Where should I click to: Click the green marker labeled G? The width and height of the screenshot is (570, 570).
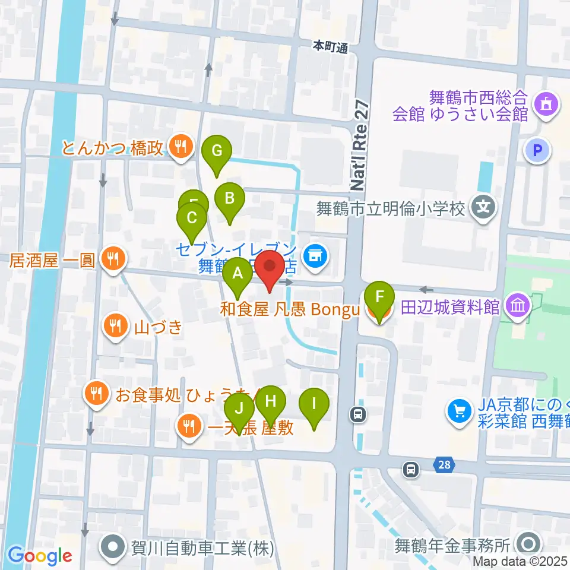(217, 151)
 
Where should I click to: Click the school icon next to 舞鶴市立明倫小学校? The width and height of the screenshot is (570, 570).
(484, 207)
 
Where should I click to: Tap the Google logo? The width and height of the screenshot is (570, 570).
(40, 555)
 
